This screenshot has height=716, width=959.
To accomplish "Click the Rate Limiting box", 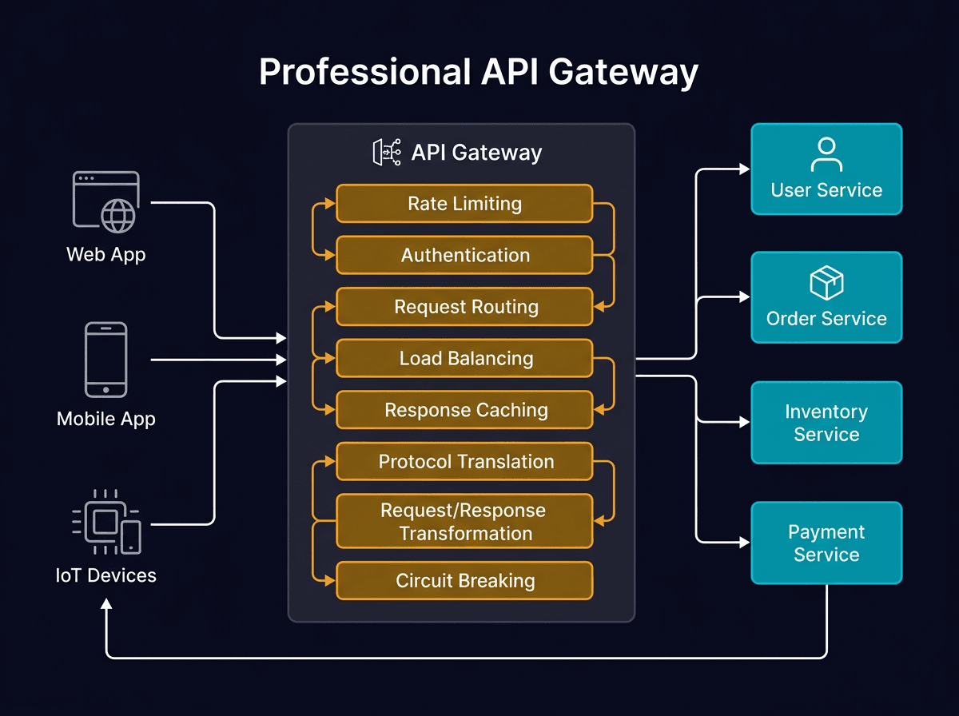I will coord(464,204).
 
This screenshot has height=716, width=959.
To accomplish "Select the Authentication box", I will coord(464,256).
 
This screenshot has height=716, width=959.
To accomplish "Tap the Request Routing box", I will coord(464,307).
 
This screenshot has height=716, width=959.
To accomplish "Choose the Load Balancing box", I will coord(464,359).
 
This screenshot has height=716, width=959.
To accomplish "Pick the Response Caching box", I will coord(464,410).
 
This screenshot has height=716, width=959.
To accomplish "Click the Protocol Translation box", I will coord(464,462).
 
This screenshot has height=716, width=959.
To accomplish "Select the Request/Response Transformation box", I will coord(464,521).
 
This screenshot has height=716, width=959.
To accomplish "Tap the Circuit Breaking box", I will coord(464,581).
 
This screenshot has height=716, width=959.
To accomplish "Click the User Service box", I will coord(826,169).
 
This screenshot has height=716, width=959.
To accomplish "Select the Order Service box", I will coord(826,297).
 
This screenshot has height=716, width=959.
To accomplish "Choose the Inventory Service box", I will coord(826,423).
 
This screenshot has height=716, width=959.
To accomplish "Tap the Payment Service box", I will coord(826,543).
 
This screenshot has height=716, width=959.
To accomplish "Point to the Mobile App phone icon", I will coord(105,360).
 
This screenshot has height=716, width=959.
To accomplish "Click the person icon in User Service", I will coord(826,155).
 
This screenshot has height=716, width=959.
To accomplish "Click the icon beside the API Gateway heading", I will coord(387,152).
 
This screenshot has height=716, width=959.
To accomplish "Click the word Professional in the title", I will coord(364,72).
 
